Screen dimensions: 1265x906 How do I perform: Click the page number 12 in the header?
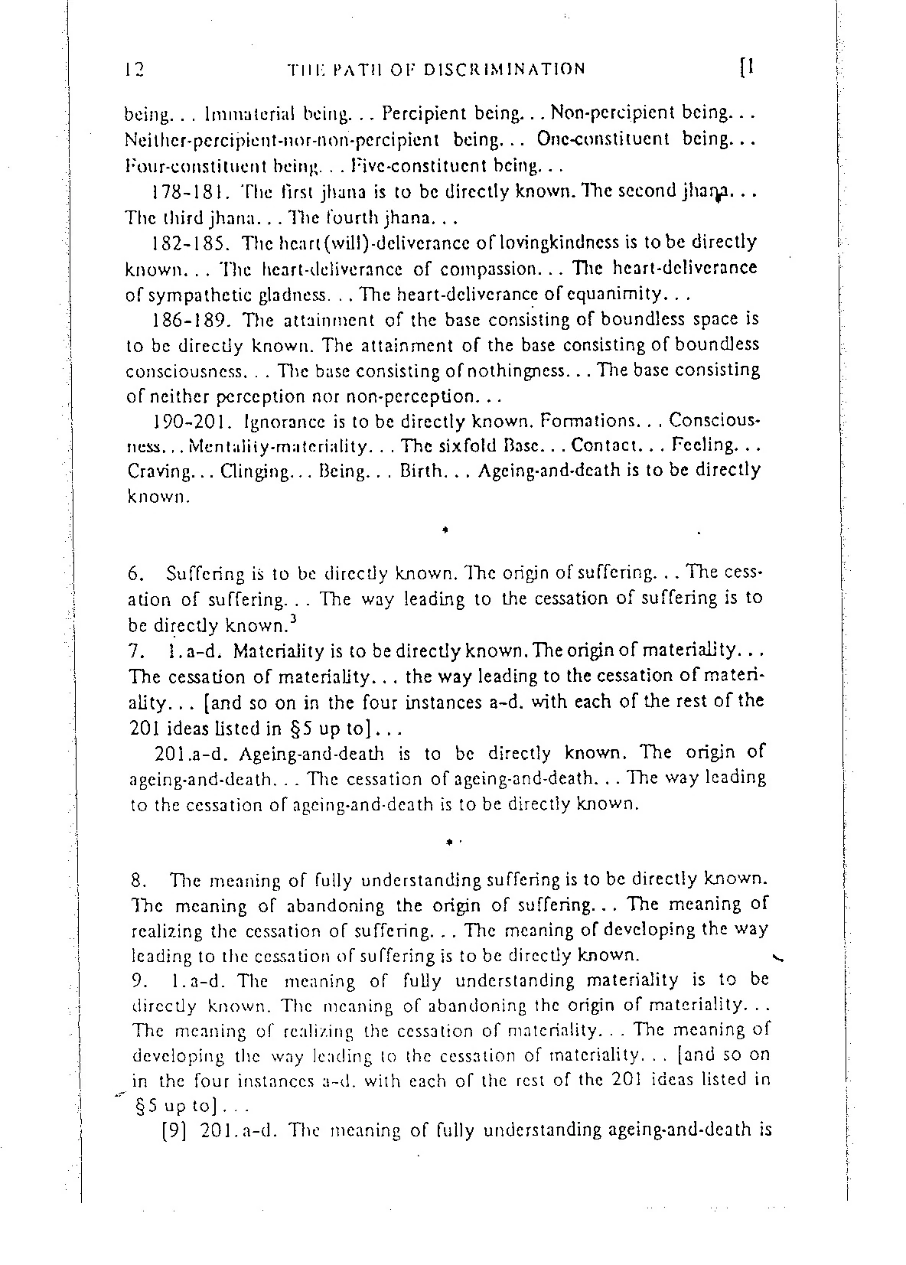tap(135, 70)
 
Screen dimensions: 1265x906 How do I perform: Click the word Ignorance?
tap(283, 422)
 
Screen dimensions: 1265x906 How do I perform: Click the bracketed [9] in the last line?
tap(174, 1131)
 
